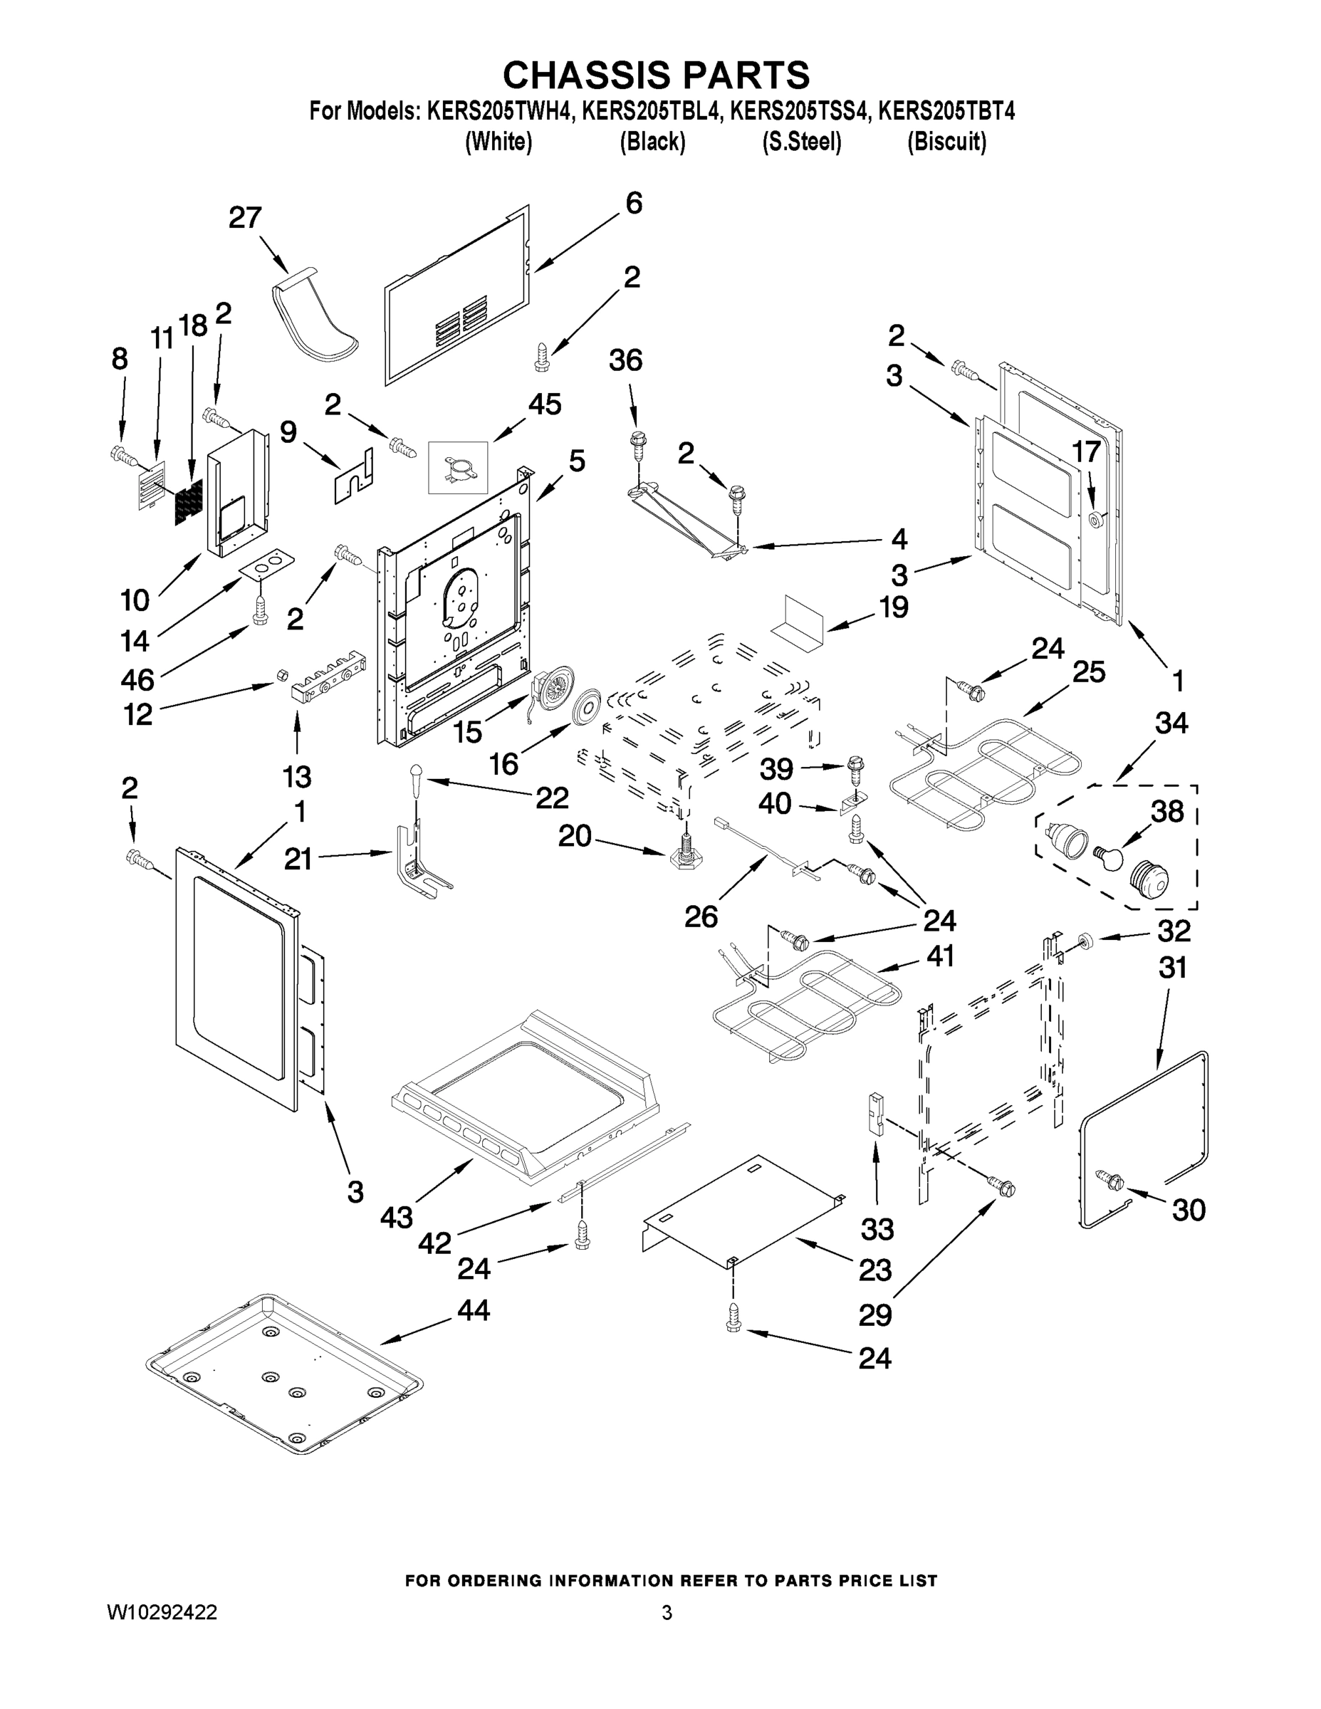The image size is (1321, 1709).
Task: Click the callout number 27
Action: [x=244, y=217]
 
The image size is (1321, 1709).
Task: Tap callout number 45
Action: [x=544, y=404]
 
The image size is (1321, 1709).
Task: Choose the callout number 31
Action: [x=1172, y=968]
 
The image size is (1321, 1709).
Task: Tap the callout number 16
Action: [x=503, y=764]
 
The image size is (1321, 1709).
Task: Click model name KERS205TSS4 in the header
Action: [x=799, y=112]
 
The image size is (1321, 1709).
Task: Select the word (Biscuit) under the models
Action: [x=946, y=142]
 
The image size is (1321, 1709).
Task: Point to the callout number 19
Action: [x=893, y=607]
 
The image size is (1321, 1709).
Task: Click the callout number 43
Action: [x=397, y=1217]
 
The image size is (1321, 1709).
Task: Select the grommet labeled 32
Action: [x=1085, y=939]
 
